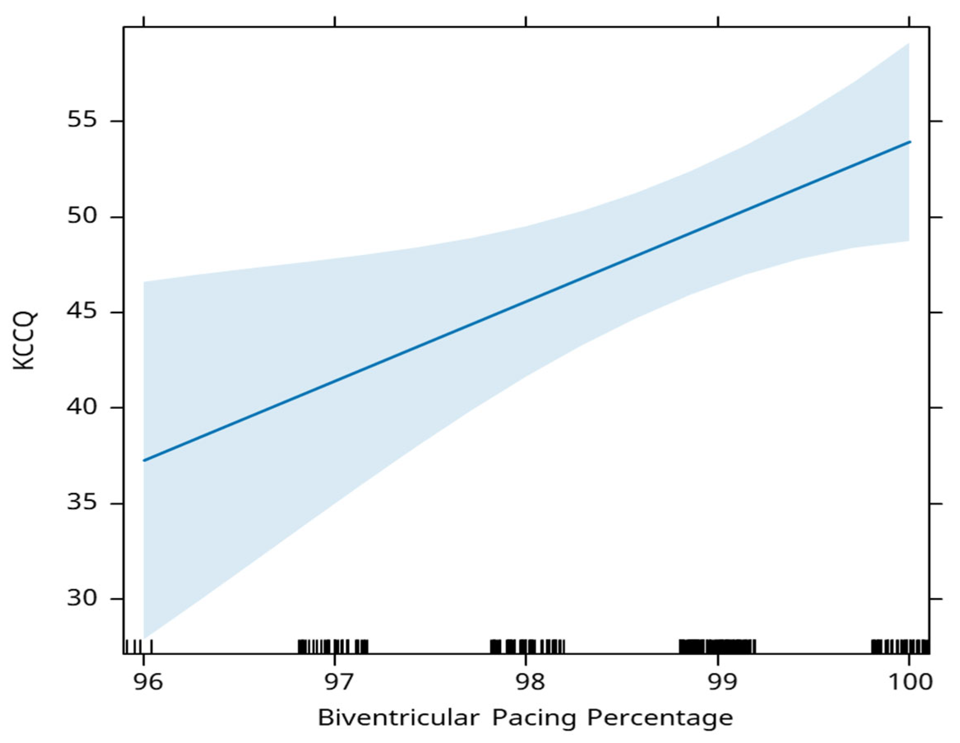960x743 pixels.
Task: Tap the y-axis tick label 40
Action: [81, 407]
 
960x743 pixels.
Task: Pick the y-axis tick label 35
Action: [81, 503]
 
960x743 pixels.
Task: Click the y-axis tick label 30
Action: [81, 598]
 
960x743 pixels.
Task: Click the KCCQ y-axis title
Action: [25, 341]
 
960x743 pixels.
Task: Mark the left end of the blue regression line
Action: [144, 460]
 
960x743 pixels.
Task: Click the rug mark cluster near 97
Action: [333, 646]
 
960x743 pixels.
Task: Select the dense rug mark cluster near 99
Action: [718, 646]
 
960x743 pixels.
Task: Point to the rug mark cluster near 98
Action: [527, 646]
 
